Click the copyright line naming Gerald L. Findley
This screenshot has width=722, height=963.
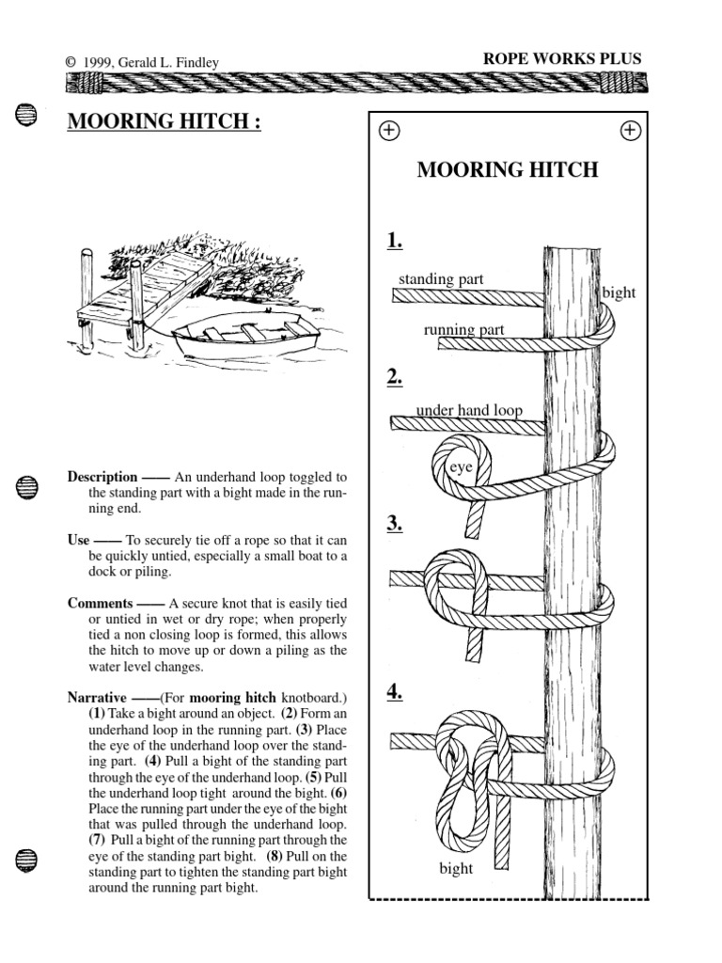click(155, 62)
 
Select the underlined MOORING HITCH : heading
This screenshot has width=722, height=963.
click(164, 122)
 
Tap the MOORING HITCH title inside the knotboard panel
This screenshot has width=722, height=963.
click(507, 170)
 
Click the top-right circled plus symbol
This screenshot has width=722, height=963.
click(630, 131)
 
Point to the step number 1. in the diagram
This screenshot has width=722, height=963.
click(394, 242)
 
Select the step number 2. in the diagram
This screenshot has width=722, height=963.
click(394, 378)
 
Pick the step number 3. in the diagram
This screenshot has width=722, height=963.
click(394, 524)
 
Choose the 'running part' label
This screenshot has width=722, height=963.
click(463, 329)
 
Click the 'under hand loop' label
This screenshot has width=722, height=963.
click(468, 410)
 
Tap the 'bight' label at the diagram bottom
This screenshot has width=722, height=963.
click(456, 868)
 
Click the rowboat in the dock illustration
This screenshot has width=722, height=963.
click(246, 338)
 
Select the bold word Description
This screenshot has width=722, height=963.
click(102, 477)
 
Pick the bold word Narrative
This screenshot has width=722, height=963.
click(99, 699)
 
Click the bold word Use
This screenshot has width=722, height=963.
click(78, 541)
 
